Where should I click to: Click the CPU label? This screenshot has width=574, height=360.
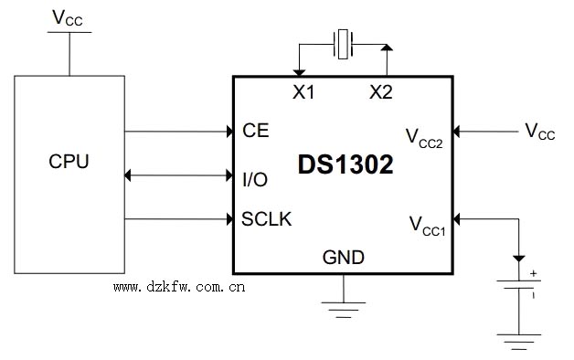(x=69, y=162)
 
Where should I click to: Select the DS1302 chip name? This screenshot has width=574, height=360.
(x=345, y=165)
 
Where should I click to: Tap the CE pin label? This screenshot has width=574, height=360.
(x=256, y=131)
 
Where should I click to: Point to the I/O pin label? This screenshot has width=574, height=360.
(x=255, y=179)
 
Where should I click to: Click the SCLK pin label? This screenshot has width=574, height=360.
(x=267, y=218)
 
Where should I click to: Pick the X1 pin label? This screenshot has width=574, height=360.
(x=303, y=91)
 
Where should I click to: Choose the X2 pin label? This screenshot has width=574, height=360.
(x=381, y=91)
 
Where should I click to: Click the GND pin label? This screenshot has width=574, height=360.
(x=344, y=257)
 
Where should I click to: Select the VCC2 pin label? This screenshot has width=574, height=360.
(x=424, y=138)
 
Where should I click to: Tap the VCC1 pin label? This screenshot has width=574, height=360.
(x=427, y=225)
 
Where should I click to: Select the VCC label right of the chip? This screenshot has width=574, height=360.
(x=539, y=132)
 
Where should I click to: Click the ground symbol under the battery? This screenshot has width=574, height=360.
(x=518, y=342)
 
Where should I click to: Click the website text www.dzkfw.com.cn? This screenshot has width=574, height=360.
(x=179, y=286)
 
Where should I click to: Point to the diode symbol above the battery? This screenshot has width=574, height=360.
(x=518, y=259)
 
